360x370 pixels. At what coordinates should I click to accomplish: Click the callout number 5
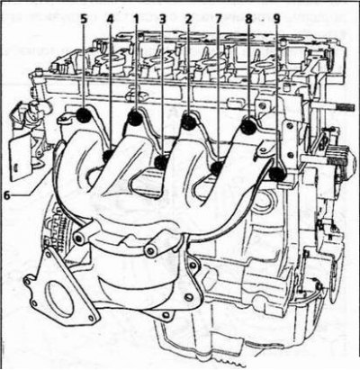coord(84,19)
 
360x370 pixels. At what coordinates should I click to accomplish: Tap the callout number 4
coord(110,19)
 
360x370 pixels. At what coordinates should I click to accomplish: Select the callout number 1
coord(136,19)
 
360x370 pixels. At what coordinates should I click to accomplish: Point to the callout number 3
coord(162,19)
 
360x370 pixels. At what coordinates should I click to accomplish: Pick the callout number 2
coord(188,19)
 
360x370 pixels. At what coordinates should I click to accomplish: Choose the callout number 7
coord(218,19)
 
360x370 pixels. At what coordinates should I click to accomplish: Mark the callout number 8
coord(248,19)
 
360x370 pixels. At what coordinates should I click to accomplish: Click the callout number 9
coord(276,19)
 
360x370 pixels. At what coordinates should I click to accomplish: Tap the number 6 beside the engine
coord(7,195)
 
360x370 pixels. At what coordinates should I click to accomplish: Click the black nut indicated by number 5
coord(84,115)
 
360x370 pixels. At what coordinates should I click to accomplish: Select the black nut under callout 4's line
coord(108,156)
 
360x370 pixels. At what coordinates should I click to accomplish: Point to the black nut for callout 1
coord(135,117)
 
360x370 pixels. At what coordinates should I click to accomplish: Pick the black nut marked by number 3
coord(162,162)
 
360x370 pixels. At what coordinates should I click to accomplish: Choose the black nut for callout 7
coord(217,168)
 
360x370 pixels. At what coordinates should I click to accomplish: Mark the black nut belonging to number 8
coord(248,126)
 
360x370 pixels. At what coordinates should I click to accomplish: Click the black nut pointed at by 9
coord(276,175)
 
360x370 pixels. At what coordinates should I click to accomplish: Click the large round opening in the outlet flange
coord(59,297)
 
